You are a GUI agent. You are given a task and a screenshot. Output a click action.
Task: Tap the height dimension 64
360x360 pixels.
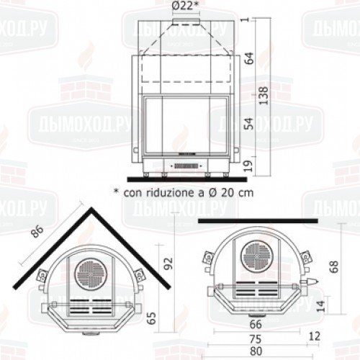(x=249, y=58)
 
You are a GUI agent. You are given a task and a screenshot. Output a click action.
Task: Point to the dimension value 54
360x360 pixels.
(x=249, y=124)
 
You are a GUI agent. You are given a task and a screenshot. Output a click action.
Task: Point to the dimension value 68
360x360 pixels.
(x=333, y=267)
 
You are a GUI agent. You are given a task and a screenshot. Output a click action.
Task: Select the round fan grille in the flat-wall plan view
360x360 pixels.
(x=257, y=256)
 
